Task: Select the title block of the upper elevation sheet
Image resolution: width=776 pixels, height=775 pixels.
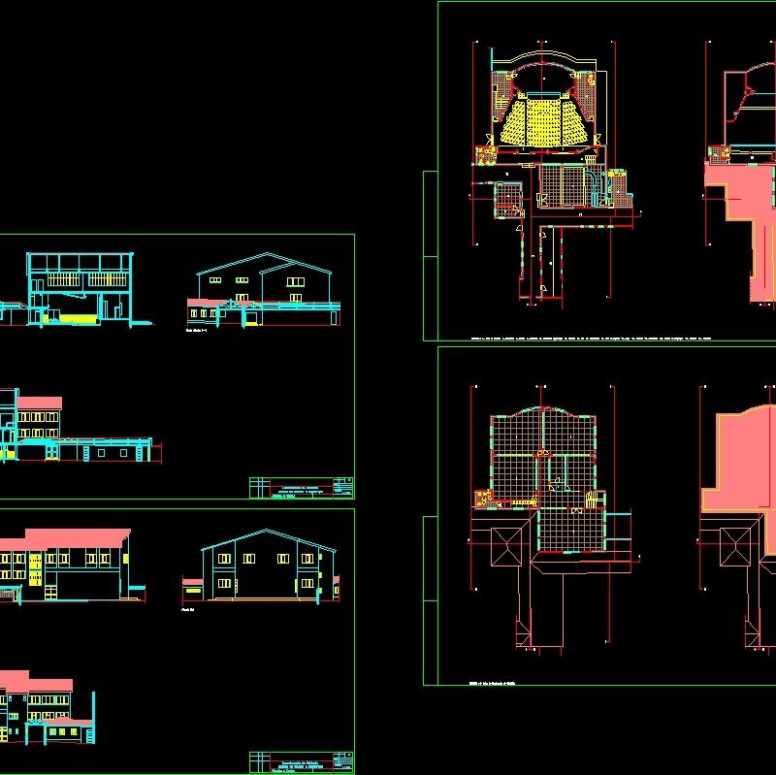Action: (x=302, y=487)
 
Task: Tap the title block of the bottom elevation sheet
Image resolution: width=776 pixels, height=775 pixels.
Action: (x=302, y=762)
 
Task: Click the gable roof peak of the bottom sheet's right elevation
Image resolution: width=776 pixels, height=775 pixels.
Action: (x=259, y=532)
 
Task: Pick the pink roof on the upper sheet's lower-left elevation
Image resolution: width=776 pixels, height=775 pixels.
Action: (x=40, y=402)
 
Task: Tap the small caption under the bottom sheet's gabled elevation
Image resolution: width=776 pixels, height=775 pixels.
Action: (x=187, y=610)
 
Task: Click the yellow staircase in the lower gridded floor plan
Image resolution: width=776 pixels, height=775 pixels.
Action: (x=482, y=500)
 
